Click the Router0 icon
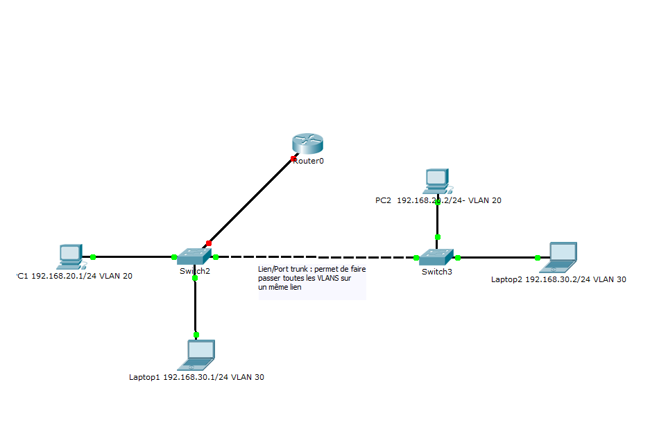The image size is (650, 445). pos(308,143)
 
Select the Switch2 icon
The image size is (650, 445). pos(194,256)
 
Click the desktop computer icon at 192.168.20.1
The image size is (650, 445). pos(71,256)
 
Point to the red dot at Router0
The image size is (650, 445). pos(293,159)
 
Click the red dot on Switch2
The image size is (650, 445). pos(208,243)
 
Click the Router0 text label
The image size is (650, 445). pos(309,161)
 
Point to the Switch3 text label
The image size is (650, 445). pos(436,272)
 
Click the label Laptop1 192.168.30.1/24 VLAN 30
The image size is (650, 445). pos(196,378)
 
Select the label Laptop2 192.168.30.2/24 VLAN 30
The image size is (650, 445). pos(558,280)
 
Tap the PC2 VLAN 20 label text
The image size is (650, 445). pos(438,200)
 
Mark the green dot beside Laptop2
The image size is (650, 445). pos(538,257)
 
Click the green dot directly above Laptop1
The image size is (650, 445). pos(196,335)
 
